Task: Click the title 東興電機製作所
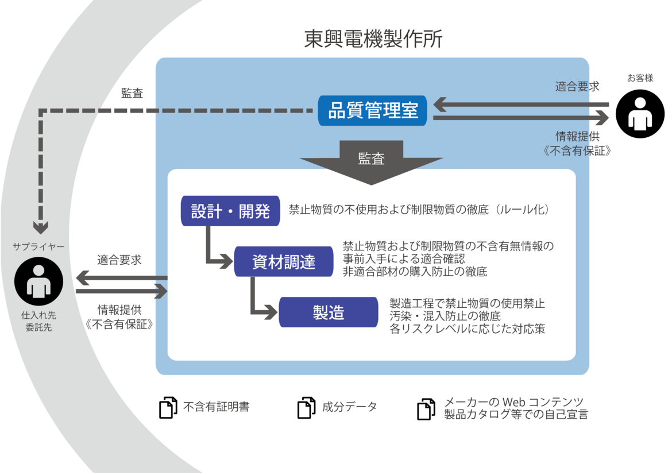pos(373,39)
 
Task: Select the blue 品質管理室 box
pos(373,110)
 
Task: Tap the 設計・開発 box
pos(230,211)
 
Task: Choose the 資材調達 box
pos(284,262)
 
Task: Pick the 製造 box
pos(329,312)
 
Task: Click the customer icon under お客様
pos(640,114)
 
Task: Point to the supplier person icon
pos(38,281)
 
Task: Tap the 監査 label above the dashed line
pos(132,93)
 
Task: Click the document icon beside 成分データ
pos(306,407)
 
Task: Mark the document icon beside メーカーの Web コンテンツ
pos(426,409)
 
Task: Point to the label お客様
pos(640,78)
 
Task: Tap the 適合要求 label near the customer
pos(577,87)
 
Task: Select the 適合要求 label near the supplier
pos(119,260)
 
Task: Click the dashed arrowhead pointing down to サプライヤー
pos(40,227)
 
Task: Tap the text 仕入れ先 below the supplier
pos(38,315)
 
